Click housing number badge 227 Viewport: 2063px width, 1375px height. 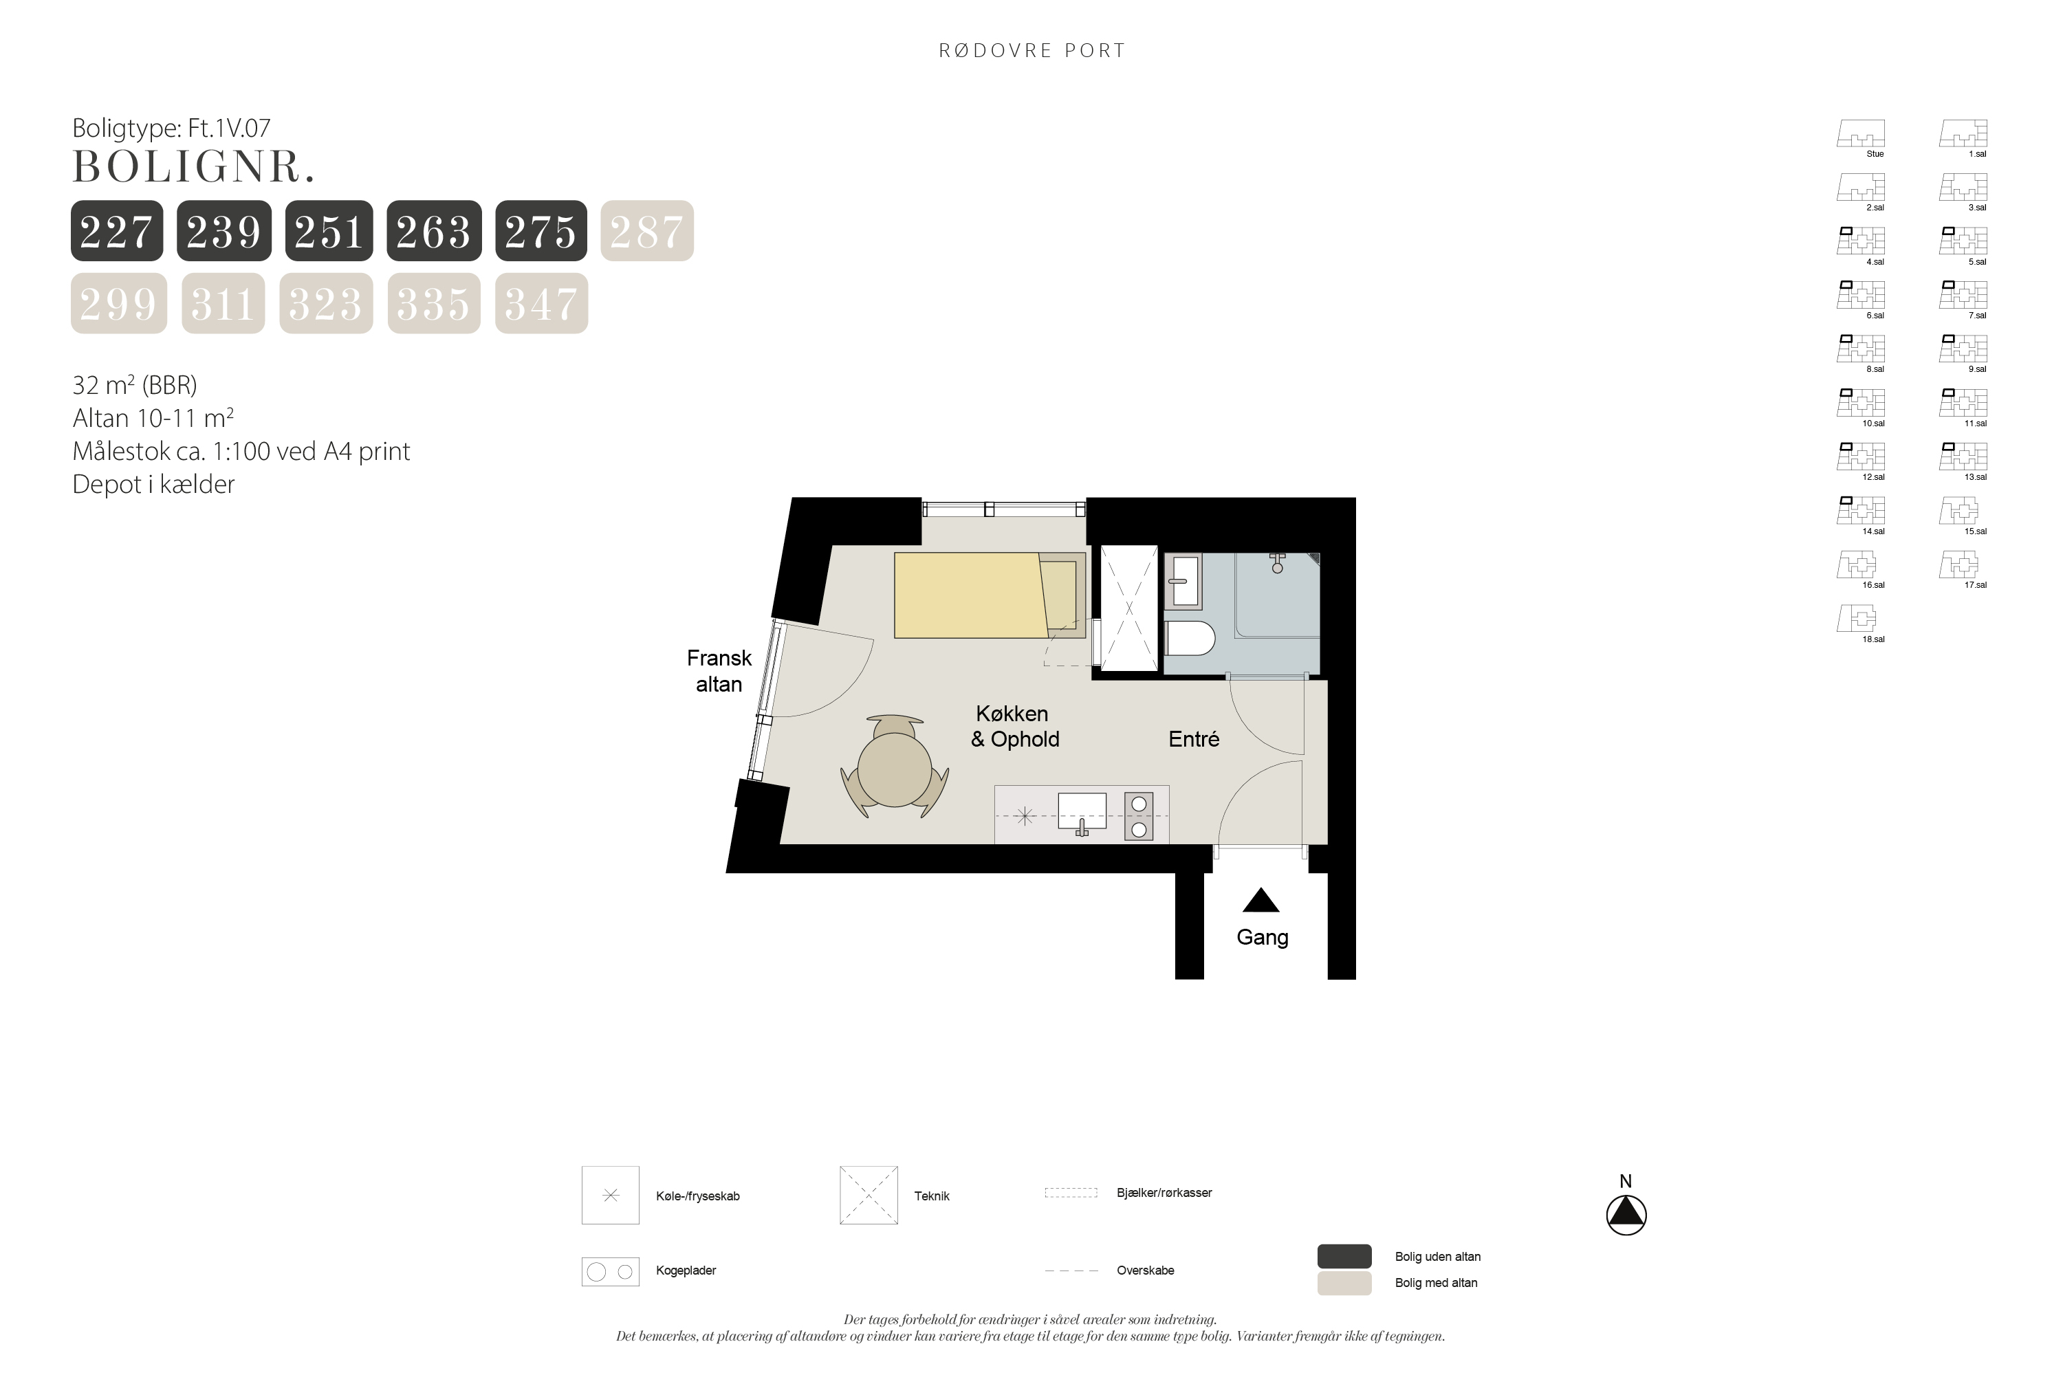point(117,230)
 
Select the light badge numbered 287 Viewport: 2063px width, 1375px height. point(646,230)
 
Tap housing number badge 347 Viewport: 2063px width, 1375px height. point(541,303)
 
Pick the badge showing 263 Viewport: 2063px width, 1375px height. point(433,230)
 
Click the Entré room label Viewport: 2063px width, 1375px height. point(1194,739)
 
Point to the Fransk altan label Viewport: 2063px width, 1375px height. point(719,671)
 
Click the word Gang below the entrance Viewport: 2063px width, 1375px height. point(1262,938)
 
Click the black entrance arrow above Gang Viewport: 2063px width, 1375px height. point(1260,901)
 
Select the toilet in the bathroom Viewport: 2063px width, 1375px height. point(1190,639)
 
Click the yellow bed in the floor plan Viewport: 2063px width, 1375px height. point(990,595)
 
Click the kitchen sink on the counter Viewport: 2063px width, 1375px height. point(1082,812)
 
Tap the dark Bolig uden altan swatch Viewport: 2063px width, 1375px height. point(1344,1256)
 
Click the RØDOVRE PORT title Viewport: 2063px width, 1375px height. point(1031,51)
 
